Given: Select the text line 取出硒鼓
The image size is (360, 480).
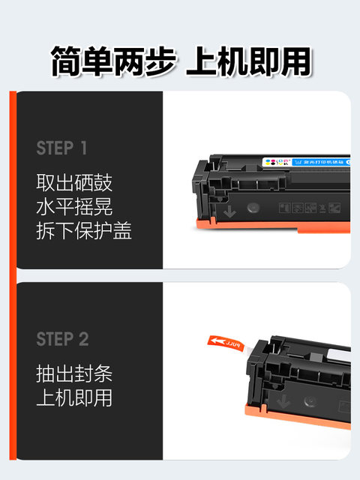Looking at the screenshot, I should (74, 182).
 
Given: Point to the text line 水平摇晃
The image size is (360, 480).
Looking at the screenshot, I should (74, 207).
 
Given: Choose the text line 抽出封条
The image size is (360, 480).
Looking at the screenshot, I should (74, 373).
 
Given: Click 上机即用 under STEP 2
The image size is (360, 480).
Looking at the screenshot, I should (74, 397).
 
